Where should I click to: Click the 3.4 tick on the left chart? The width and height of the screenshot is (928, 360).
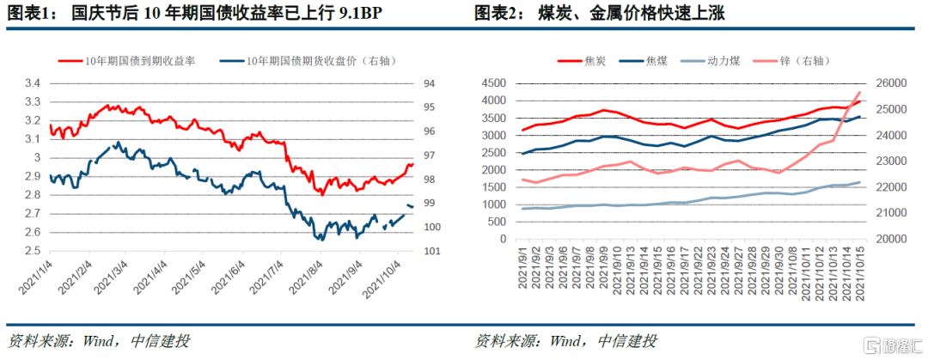coord(32,83)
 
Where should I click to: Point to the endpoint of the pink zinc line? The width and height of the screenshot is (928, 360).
coord(859,92)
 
